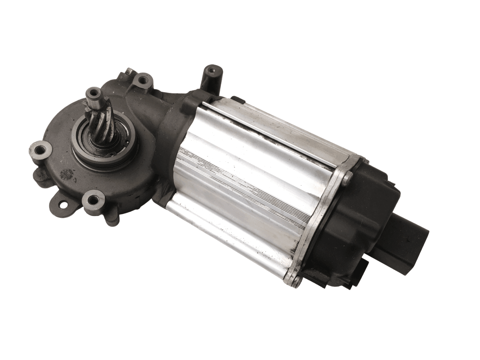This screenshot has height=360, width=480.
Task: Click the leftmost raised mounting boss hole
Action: point(38,151)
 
